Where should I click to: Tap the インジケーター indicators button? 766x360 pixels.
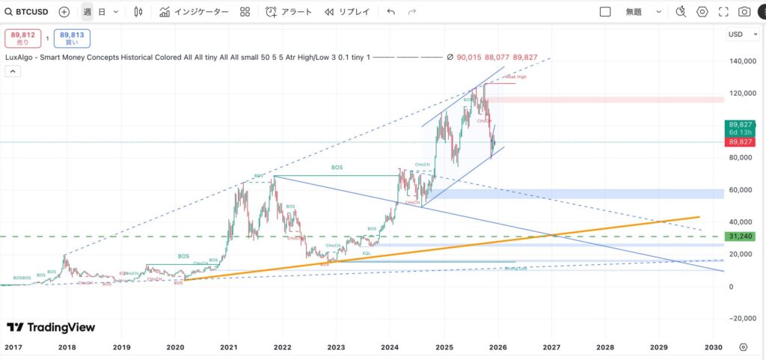point(194,12)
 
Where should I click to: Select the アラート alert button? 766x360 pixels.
point(289,12)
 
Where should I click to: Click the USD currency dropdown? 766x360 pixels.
point(738,34)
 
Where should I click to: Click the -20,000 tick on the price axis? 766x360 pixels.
point(740,318)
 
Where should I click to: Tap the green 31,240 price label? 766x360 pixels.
point(740,237)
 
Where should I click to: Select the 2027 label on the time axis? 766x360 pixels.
point(551,347)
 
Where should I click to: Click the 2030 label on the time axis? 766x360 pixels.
point(714,347)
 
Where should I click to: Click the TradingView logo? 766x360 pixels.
point(52,327)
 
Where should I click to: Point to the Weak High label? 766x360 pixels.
point(516,77)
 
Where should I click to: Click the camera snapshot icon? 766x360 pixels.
point(744,12)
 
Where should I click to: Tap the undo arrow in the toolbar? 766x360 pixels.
point(390,12)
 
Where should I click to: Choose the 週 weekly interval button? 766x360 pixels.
point(88,12)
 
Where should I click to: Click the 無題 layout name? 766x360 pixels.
point(634,12)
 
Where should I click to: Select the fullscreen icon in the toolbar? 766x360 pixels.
point(723,12)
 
